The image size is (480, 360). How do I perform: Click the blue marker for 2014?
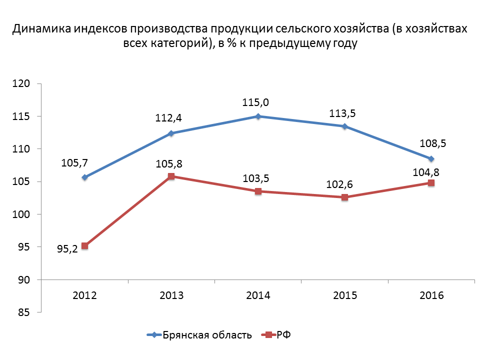(x=258, y=116)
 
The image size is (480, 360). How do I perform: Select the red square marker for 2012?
(x=85, y=246)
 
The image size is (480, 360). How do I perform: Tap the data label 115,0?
(x=258, y=102)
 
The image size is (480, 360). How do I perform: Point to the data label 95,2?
(x=67, y=248)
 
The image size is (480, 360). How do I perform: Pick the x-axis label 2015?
(x=344, y=295)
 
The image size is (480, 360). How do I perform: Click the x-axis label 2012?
(x=85, y=295)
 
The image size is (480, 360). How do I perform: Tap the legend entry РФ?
(x=283, y=334)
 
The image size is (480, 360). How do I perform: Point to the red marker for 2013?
(x=171, y=176)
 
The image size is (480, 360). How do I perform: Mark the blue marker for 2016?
(x=431, y=159)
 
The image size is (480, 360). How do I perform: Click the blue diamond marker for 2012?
(x=85, y=177)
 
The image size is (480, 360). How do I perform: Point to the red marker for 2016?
(x=431, y=183)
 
